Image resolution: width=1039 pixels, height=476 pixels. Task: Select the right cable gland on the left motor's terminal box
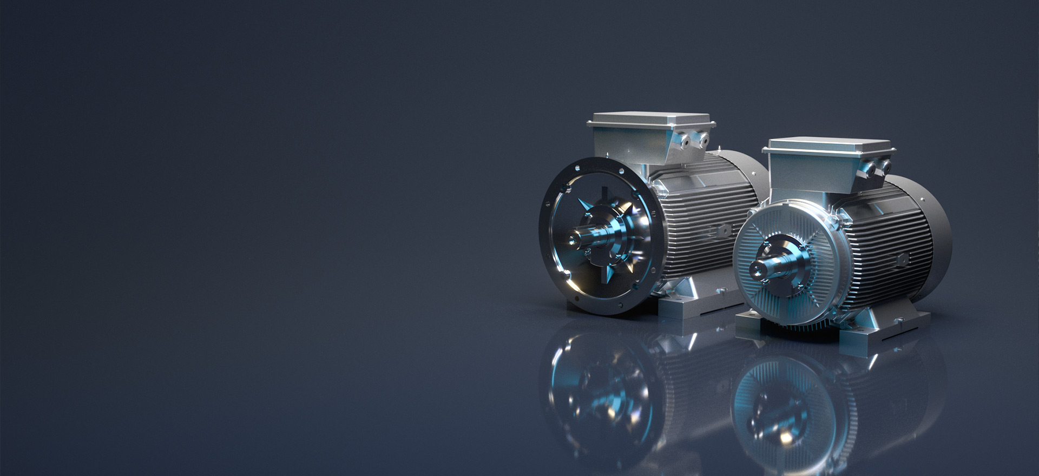[x=702, y=139]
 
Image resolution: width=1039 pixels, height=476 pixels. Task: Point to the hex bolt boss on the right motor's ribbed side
[x=901, y=260]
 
